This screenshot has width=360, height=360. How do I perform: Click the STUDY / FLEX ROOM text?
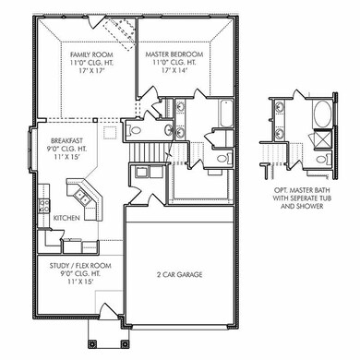pyautogui.click(x=80, y=265)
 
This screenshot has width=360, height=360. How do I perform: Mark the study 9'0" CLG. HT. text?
pyautogui.click(x=80, y=273)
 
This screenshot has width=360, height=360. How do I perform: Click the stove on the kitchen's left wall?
pyautogui.click(x=41, y=209)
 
